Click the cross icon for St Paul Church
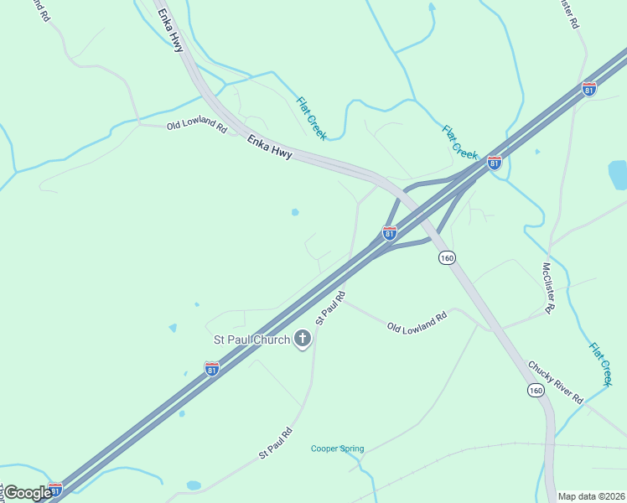[x=302, y=339]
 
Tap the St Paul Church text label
[x=251, y=340]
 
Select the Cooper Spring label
[x=338, y=449]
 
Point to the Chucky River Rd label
[x=555, y=383]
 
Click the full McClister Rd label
[x=549, y=288]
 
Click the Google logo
[x=28, y=493]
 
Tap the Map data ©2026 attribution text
[x=591, y=496]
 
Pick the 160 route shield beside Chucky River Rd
[x=536, y=390]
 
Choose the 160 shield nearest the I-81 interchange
[x=447, y=258]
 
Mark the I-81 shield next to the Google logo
[x=55, y=489]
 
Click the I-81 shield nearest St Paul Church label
[x=212, y=368]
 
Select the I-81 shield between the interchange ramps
[x=390, y=233]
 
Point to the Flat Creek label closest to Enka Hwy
[x=310, y=117]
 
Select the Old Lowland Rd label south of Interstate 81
[x=417, y=323]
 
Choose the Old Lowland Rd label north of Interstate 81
[x=197, y=127]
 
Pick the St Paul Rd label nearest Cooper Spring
[x=275, y=443]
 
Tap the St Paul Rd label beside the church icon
[x=330, y=309]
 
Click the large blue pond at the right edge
[x=618, y=174]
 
